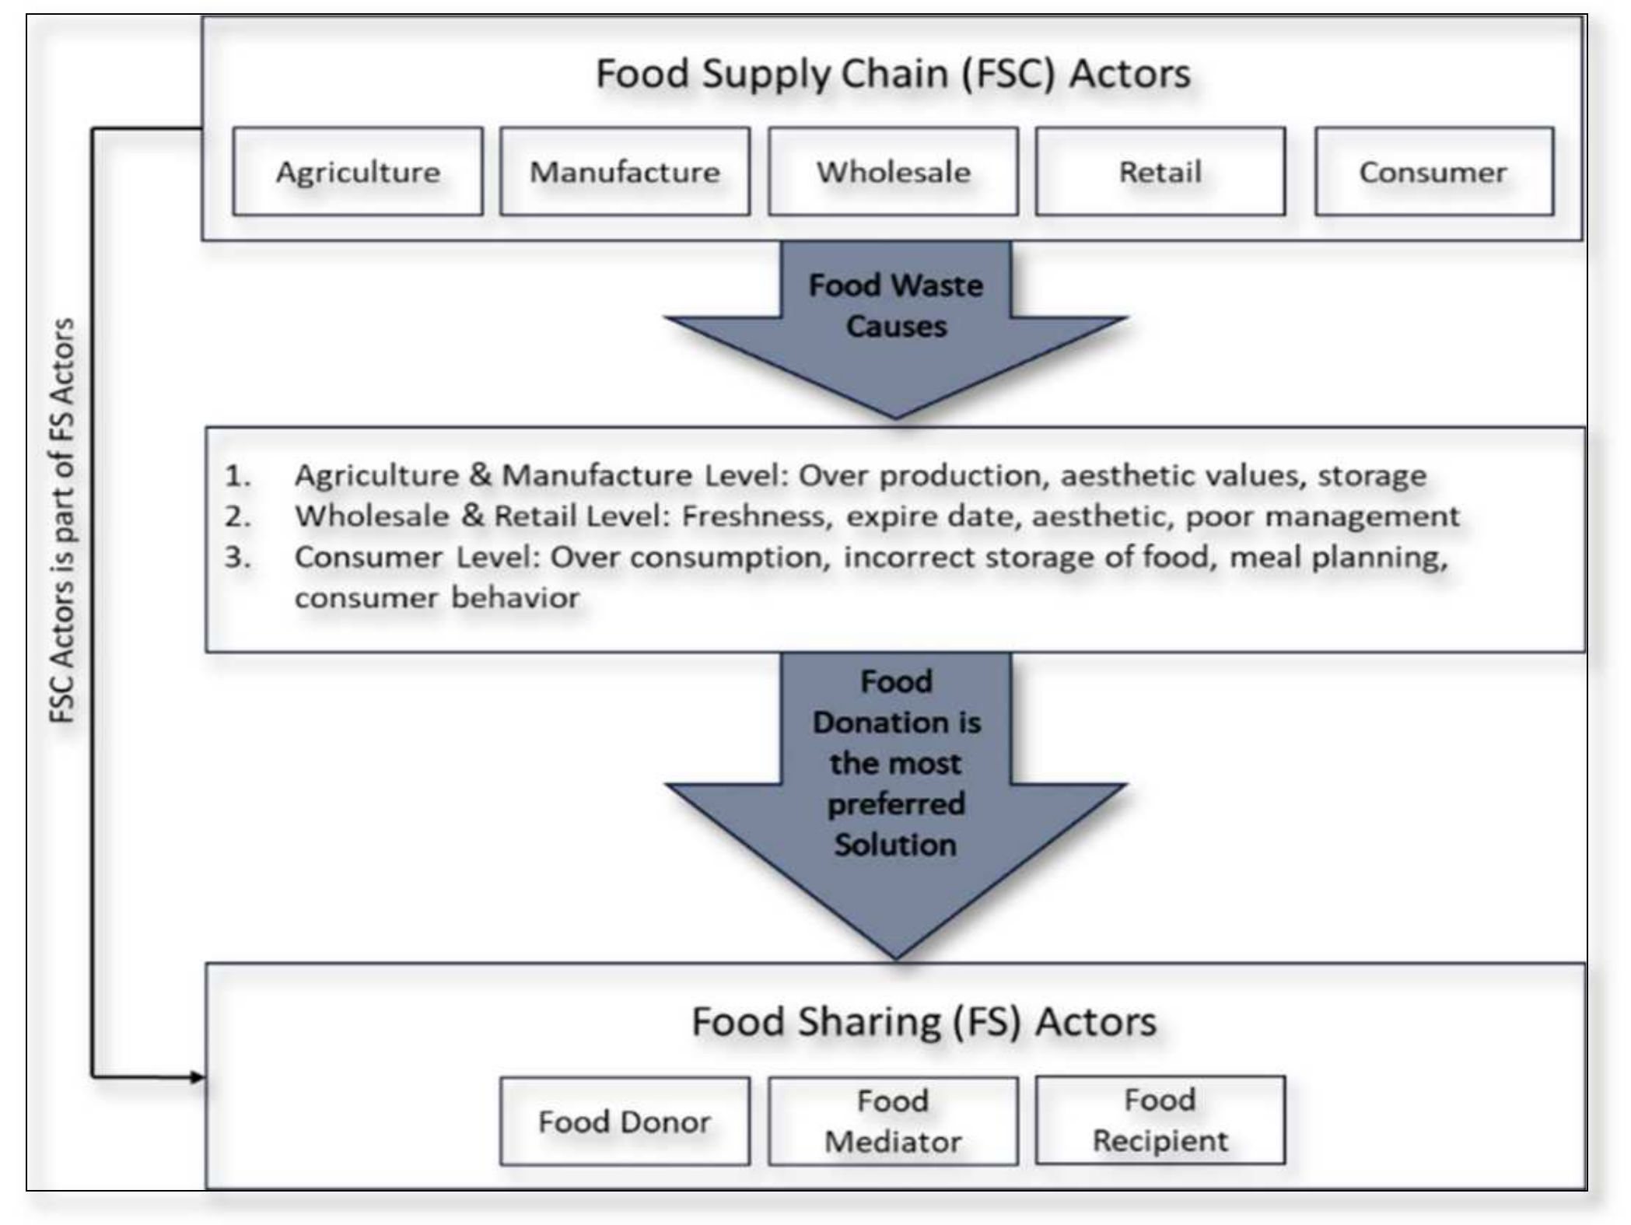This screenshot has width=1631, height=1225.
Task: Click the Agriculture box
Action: click(x=358, y=172)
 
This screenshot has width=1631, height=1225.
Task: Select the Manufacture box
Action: click(x=625, y=172)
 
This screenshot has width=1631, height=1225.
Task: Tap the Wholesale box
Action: click(x=893, y=172)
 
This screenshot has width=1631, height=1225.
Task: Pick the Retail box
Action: click(x=1160, y=172)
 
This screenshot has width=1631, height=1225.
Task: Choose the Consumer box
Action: click(x=1433, y=172)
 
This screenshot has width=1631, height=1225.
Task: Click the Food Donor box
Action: click(x=625, y=1121)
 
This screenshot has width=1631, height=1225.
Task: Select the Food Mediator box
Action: click(x=893, y=1121)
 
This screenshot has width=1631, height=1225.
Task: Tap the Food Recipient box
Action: click(x=1160, y=1120)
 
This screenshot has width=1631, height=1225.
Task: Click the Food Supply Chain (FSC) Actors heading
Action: click(x=893, y=74)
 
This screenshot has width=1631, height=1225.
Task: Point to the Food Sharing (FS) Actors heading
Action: click(x=924, y=1022)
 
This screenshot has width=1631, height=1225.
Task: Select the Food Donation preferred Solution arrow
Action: click(x=896, y=778)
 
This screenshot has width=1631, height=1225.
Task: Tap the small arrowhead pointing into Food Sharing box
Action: click(x=198, y=1077)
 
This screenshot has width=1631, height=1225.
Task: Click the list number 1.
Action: click(x=238, y=476)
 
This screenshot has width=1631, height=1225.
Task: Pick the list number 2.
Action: click(x=238, y=516)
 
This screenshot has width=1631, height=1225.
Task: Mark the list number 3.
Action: click(x=238, y=558)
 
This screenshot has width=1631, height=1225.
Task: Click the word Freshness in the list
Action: click(x=754, y=516)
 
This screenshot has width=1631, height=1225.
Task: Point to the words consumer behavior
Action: click(x=437, y=598)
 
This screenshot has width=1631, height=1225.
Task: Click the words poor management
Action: click(x=1322, y=516)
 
